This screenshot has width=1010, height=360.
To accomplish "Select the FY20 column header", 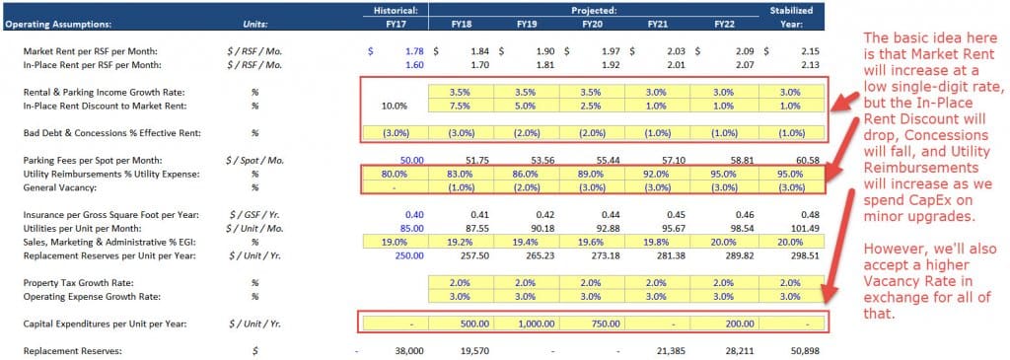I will pyautogui.click(x=592, y=23).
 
